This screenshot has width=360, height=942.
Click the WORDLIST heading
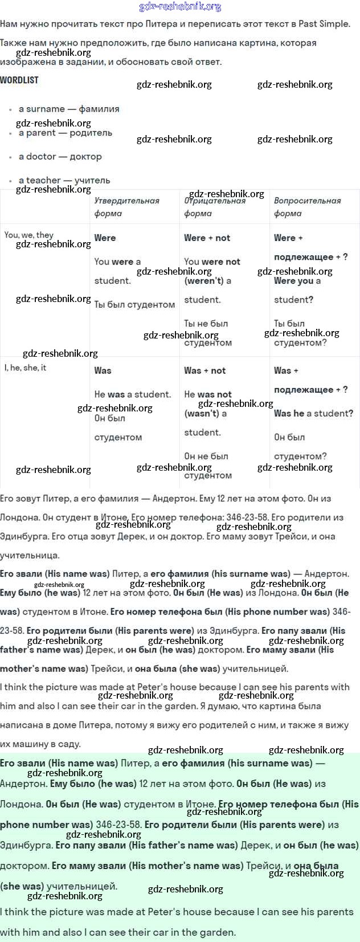[x=19, y=80]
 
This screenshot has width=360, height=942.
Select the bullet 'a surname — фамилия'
[x=69, y=109]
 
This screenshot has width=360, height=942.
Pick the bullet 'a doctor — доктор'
[x=60, y=157]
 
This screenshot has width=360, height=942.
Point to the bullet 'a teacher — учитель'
[x=64, y=180]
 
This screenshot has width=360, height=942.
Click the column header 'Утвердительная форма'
[x=126, y=207]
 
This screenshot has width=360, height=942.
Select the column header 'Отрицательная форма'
[x=215, y=207]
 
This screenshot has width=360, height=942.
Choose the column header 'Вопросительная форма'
[x=307, y=207]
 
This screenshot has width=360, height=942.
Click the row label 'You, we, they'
[x=28, y=235]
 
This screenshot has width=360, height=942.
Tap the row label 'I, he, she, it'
[x=25, y=368]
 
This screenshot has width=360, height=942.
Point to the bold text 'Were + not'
[x=207, y=238]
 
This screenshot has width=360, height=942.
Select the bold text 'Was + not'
[x=204, y=370]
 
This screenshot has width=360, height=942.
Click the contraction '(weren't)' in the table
[x=203, y=281]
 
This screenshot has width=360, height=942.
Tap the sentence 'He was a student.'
[x=132, y=394]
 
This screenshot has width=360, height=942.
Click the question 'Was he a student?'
[x=313, y=414]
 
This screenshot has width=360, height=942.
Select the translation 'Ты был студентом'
[x=134, y=305]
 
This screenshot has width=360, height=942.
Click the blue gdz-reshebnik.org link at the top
[x=180, y=7]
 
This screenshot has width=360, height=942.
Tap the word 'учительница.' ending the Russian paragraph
[x=30, y=556]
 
